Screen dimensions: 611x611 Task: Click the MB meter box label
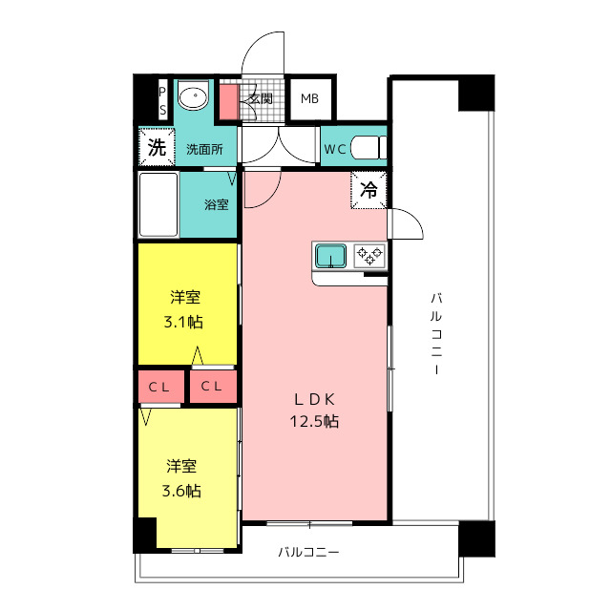click(x=309, y=99)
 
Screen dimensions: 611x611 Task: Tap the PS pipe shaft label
click(x=162, y=101)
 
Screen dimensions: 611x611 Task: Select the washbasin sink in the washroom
click(x=193, y=95)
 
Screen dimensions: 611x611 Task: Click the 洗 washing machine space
click(x=157, y=147)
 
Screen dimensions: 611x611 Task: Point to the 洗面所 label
click(x=204, y=149)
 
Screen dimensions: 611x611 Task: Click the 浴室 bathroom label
click(x=217, y=204)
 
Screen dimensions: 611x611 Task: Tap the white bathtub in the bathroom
click(x=158, y=204)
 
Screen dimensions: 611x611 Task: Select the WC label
click(x=335, y=149)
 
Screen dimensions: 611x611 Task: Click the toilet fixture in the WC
click(x=369, y=147)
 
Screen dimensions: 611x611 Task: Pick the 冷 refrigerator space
click(x=369, y=190)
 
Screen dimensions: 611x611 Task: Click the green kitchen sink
click(x=330, y=256)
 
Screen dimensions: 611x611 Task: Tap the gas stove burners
click(x=369, y=256)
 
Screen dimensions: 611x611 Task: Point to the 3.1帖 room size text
click(x=183, y=322)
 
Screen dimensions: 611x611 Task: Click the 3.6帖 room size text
click(x=181, y=491)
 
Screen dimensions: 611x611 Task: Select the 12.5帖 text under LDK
click(x=314, y=421)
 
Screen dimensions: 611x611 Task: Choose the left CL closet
click(x=161, y=387)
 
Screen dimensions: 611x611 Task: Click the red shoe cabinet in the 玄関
click(x=229, y=102)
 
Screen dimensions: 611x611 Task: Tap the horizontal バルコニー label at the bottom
click(x=308, y=552)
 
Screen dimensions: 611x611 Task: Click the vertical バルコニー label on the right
click(x=436, y=333)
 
